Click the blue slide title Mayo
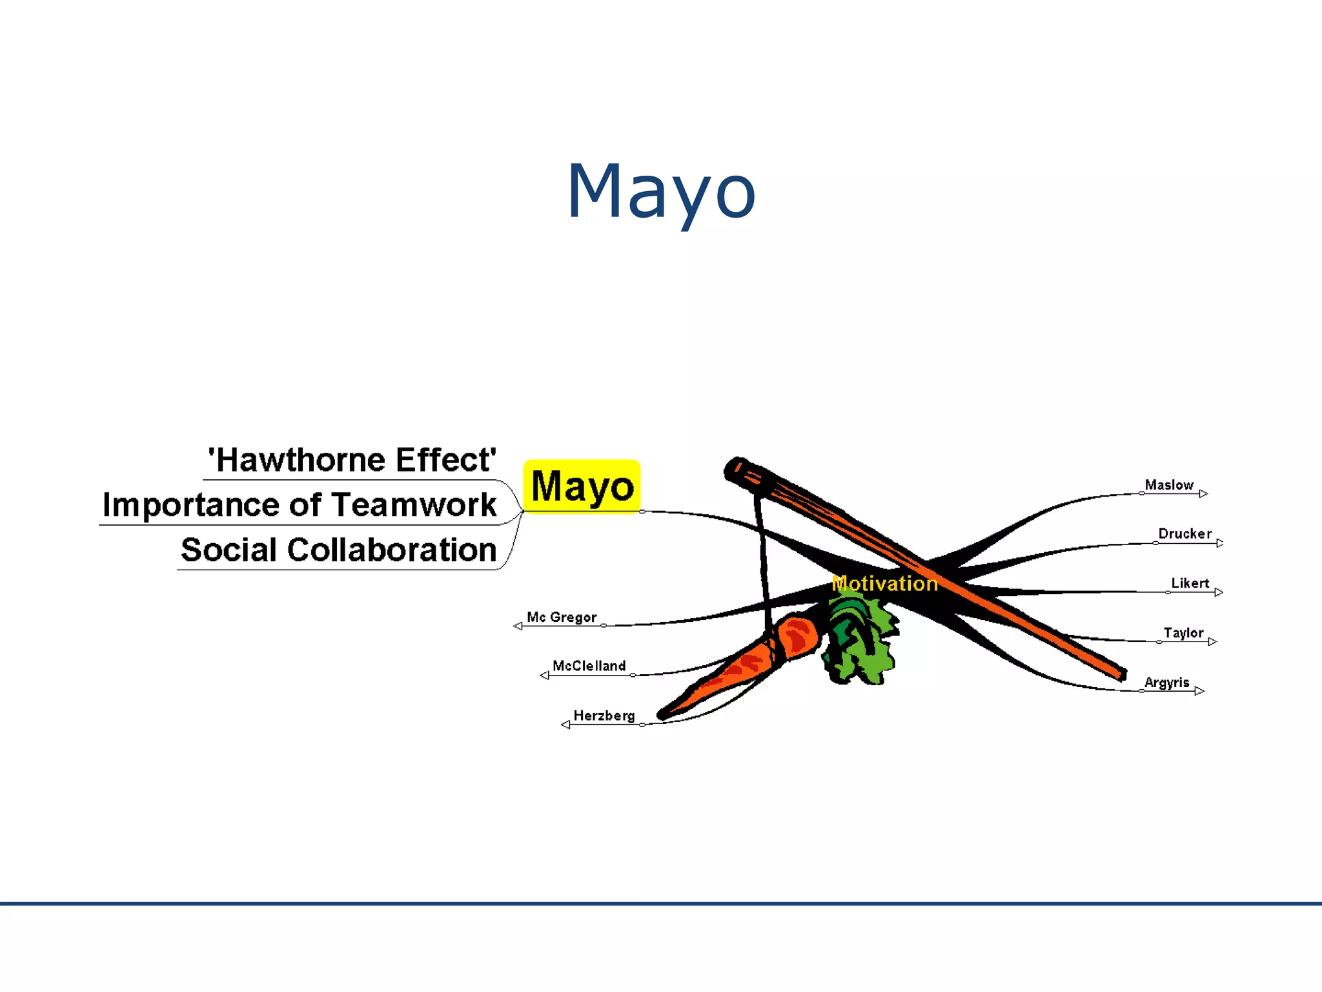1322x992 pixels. click(x=660, y=191)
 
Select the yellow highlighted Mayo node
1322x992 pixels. click(x=582, y=486)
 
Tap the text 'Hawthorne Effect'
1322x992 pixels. click(x=352, y=460)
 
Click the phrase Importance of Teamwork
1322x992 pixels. click(x=300, y=505)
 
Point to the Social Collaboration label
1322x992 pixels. click(x=338, y=550)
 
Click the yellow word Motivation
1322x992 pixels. click(x=884, y=584)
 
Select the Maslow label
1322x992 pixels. click(x=1168, y=485)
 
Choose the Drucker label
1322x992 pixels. click(x=1185, y=534)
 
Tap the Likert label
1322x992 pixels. click(x=1190, y=583)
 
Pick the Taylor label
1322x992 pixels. click(x=1183, y=633)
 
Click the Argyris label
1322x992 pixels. click(x=1166, y=683)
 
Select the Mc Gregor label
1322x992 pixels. click(x=562, y=617)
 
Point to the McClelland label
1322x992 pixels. click(x=589, y=666)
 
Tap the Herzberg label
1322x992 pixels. click(x=604, y=716)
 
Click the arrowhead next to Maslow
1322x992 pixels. click(x=1203, y=494)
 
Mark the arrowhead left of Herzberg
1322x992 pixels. click(x=565, y=725)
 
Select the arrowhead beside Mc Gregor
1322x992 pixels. click(x=518, y=626)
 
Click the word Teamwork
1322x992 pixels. click(x=414, y=505)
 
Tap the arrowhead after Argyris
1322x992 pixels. click(x=1199, y=691)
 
